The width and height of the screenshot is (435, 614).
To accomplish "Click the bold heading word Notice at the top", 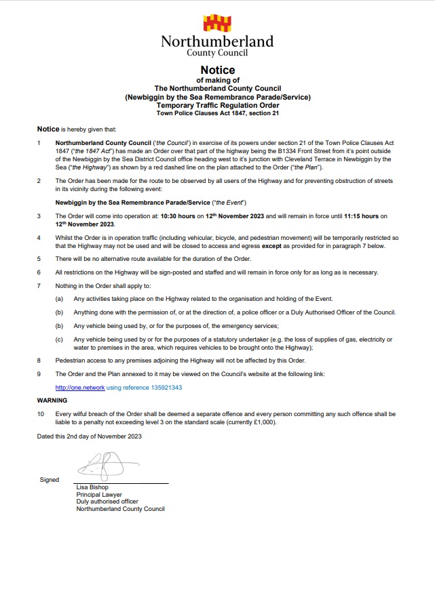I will pyautogui.click(x=217, y=70).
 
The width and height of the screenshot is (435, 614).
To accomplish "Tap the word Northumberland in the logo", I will pyautogui.click(x=217, y=42).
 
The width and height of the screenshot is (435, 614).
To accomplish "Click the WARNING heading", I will pyautogui.click(x=52, y=401).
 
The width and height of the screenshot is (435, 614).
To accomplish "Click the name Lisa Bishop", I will pyautogui.click(x=92, y=487).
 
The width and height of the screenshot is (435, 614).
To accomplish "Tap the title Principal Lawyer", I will pyautogui.click(x=98, y=495).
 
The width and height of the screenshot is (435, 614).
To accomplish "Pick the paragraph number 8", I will pyautogui.click(x=39, y=361).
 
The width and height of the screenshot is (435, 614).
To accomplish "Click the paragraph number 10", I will pyautogui.click(x=40, y=413).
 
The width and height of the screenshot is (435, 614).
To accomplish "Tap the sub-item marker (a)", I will pyautogui.click(x=60, y=299).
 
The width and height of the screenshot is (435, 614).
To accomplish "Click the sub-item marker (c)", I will pyautogui.click(x=60, y=339).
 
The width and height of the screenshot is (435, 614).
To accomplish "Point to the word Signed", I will pyautogui.click(x=50, y=480).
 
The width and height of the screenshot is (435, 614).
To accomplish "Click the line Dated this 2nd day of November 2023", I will pyautogui.click(x=89, y=436).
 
